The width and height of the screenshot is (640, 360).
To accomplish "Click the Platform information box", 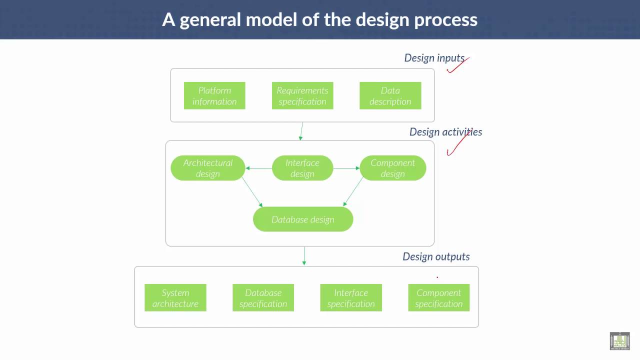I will point(214,95).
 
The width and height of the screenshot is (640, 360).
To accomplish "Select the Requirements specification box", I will point(302,95).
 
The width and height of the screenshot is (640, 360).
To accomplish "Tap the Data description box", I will point(390,95).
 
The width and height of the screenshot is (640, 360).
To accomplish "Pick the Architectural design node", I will point(208,168).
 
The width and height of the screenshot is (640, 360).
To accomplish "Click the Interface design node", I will point(302,168).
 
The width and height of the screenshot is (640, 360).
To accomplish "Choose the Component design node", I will point(392,168).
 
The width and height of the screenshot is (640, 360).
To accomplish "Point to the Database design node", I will point(303,219).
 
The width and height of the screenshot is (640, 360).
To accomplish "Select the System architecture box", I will point(175,298).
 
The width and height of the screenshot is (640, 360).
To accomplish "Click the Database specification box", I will point(263,298).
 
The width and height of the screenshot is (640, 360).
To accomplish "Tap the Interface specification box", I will point(351,298).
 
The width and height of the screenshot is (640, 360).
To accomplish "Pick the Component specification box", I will point(439,298).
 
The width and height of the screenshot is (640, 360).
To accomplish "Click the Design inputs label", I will point(434,58).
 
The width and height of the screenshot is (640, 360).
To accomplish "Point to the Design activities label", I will point(445,132).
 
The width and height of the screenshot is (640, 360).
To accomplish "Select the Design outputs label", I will point(436,256).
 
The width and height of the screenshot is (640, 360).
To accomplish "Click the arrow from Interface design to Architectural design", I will point(258,168).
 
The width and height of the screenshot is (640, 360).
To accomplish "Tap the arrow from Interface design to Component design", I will point(346,168).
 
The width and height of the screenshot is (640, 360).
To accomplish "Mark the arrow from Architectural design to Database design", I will point(252,191).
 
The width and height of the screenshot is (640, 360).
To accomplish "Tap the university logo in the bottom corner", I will point(619,341).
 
